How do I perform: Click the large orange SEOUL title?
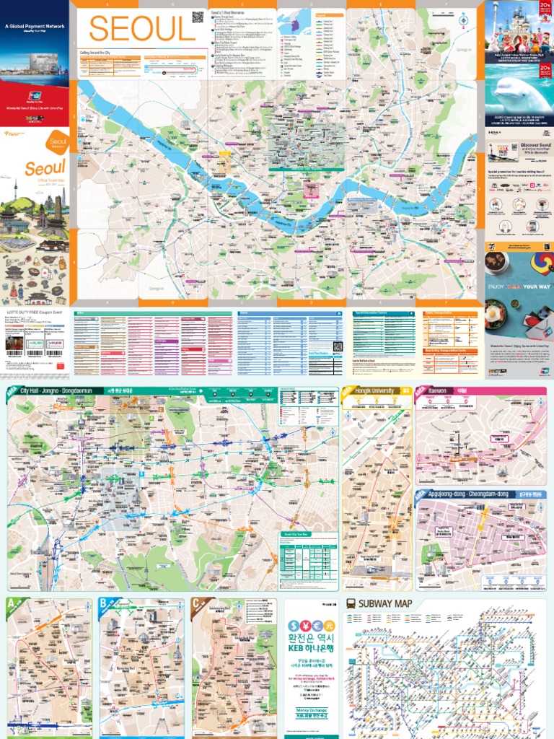141,30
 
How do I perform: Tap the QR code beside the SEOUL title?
198,17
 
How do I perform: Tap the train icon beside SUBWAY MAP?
351,603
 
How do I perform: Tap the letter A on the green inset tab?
11,603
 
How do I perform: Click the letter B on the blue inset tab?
104,603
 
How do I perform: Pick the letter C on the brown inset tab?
196,603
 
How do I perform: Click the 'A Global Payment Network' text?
35,27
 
